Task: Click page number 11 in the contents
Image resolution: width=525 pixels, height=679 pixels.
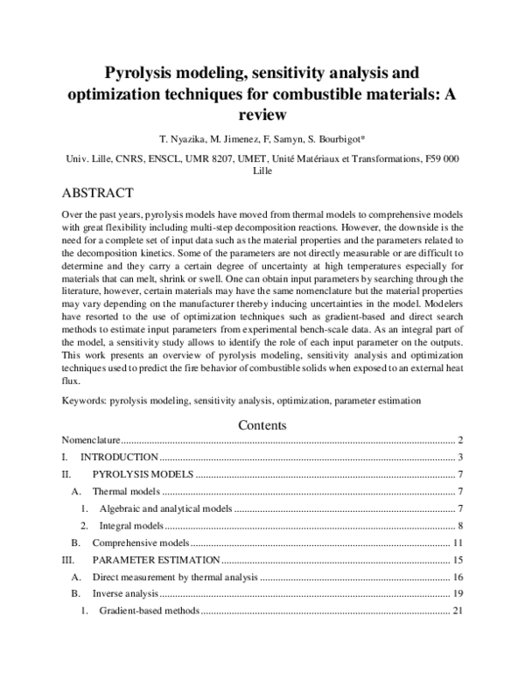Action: point(457,542)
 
